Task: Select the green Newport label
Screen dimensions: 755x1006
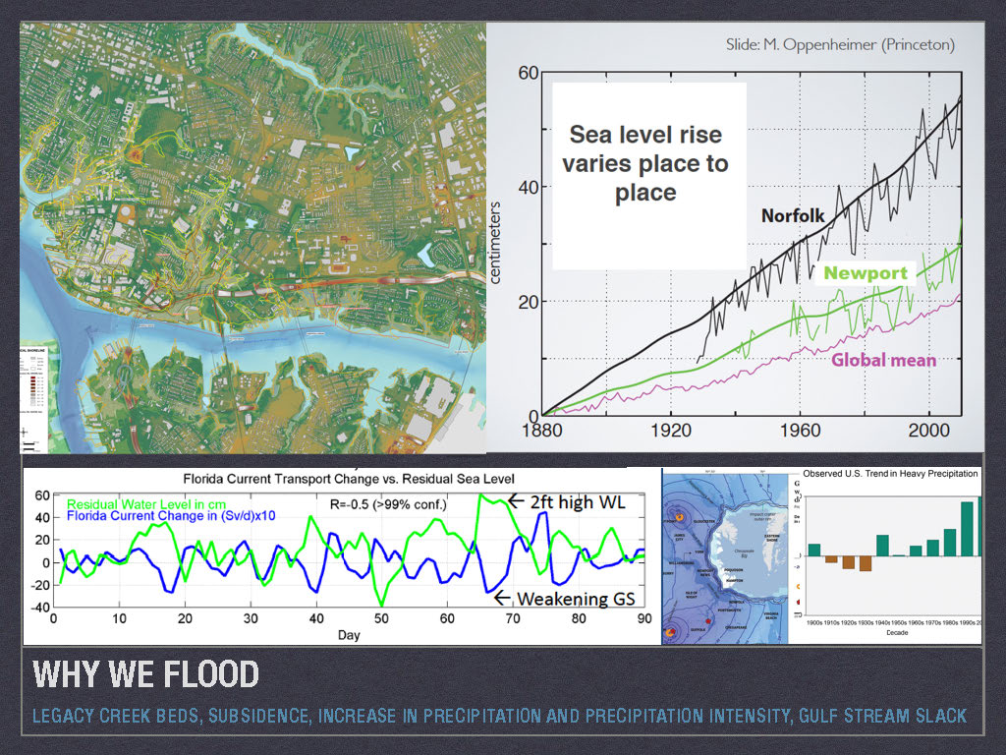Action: (x=865, y=272)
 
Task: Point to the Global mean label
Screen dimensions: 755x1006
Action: (x=883, y=360)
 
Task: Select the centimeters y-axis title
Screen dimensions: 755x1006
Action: (x=495, y=242)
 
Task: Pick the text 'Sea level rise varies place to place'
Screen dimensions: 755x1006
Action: (x=645, y=162)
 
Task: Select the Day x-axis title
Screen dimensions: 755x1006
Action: (x=350, y=636)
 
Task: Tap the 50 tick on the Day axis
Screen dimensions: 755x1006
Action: (x=382, y=619)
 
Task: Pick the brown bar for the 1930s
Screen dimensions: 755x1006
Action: (x=865, y=563)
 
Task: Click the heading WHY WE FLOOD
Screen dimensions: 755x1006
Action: (x=145, y=675)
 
